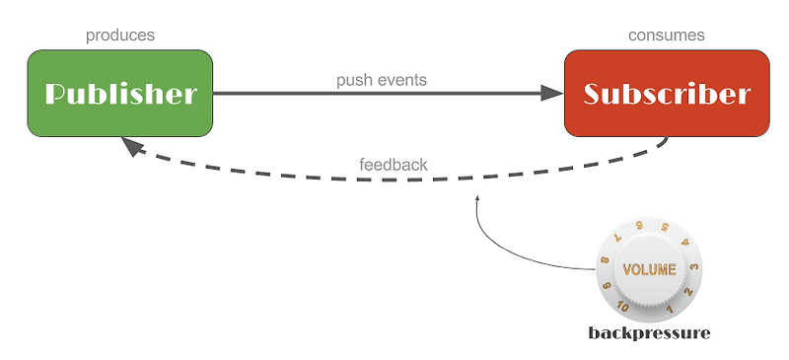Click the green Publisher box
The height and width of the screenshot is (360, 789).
coord(119,94)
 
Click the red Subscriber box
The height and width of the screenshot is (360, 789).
coord(666,94)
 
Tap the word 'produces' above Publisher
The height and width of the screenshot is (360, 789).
coord(119,36)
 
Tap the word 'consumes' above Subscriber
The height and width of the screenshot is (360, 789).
coord(666,36)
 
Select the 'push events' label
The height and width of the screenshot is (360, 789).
coord(381,80)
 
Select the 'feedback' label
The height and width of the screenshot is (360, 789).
coord(393,165)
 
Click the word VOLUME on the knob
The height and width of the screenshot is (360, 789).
coord(649,269)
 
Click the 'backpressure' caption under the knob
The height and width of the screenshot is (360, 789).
coord(649,333)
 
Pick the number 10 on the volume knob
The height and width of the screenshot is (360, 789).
coord(624,307)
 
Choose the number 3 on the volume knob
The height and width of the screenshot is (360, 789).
coord(694,267)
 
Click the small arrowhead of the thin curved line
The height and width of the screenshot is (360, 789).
coord(477,199)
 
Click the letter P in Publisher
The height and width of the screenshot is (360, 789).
coord(57,95)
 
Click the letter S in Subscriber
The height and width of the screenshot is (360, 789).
coord(593,95)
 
